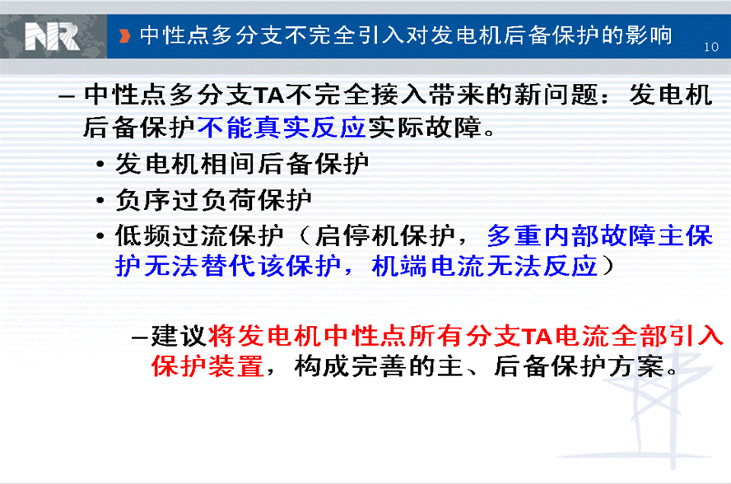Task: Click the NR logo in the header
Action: [52, 37]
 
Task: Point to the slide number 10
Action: [711, 47]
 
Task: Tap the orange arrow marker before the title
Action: [124, 36]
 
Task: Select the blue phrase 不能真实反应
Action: [282, 128]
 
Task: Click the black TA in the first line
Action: [269, 95]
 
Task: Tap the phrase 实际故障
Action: [425, 128]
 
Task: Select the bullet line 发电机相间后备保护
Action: [242, 164]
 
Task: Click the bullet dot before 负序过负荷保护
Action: [100, 201]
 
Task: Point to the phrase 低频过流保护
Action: [199, 235]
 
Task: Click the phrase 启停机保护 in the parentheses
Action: [384, 235]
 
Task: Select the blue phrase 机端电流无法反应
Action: [485, 267]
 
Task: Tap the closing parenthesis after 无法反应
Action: [608, 267]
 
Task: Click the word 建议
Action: [179, 335]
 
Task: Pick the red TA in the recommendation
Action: [538, 336]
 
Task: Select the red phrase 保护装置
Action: [207, 366]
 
